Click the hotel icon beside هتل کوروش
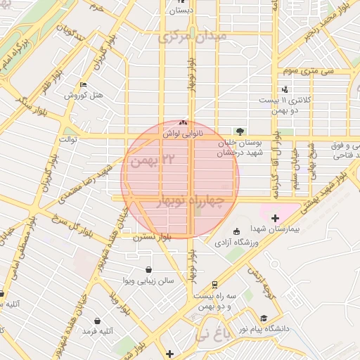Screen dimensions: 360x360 [x=84, y=85]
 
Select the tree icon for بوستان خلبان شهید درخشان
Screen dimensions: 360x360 [x=240, y=131]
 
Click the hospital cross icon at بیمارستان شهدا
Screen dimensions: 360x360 [x=275, y=219]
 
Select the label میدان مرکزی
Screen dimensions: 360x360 [x=193, y=35]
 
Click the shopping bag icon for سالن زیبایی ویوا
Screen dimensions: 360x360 [x=148, y=269]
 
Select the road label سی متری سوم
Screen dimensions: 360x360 [x=308, y=71]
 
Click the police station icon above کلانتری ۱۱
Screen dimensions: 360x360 [x=285, y=90]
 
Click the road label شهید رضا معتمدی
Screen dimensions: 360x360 [x=98, y=179]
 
